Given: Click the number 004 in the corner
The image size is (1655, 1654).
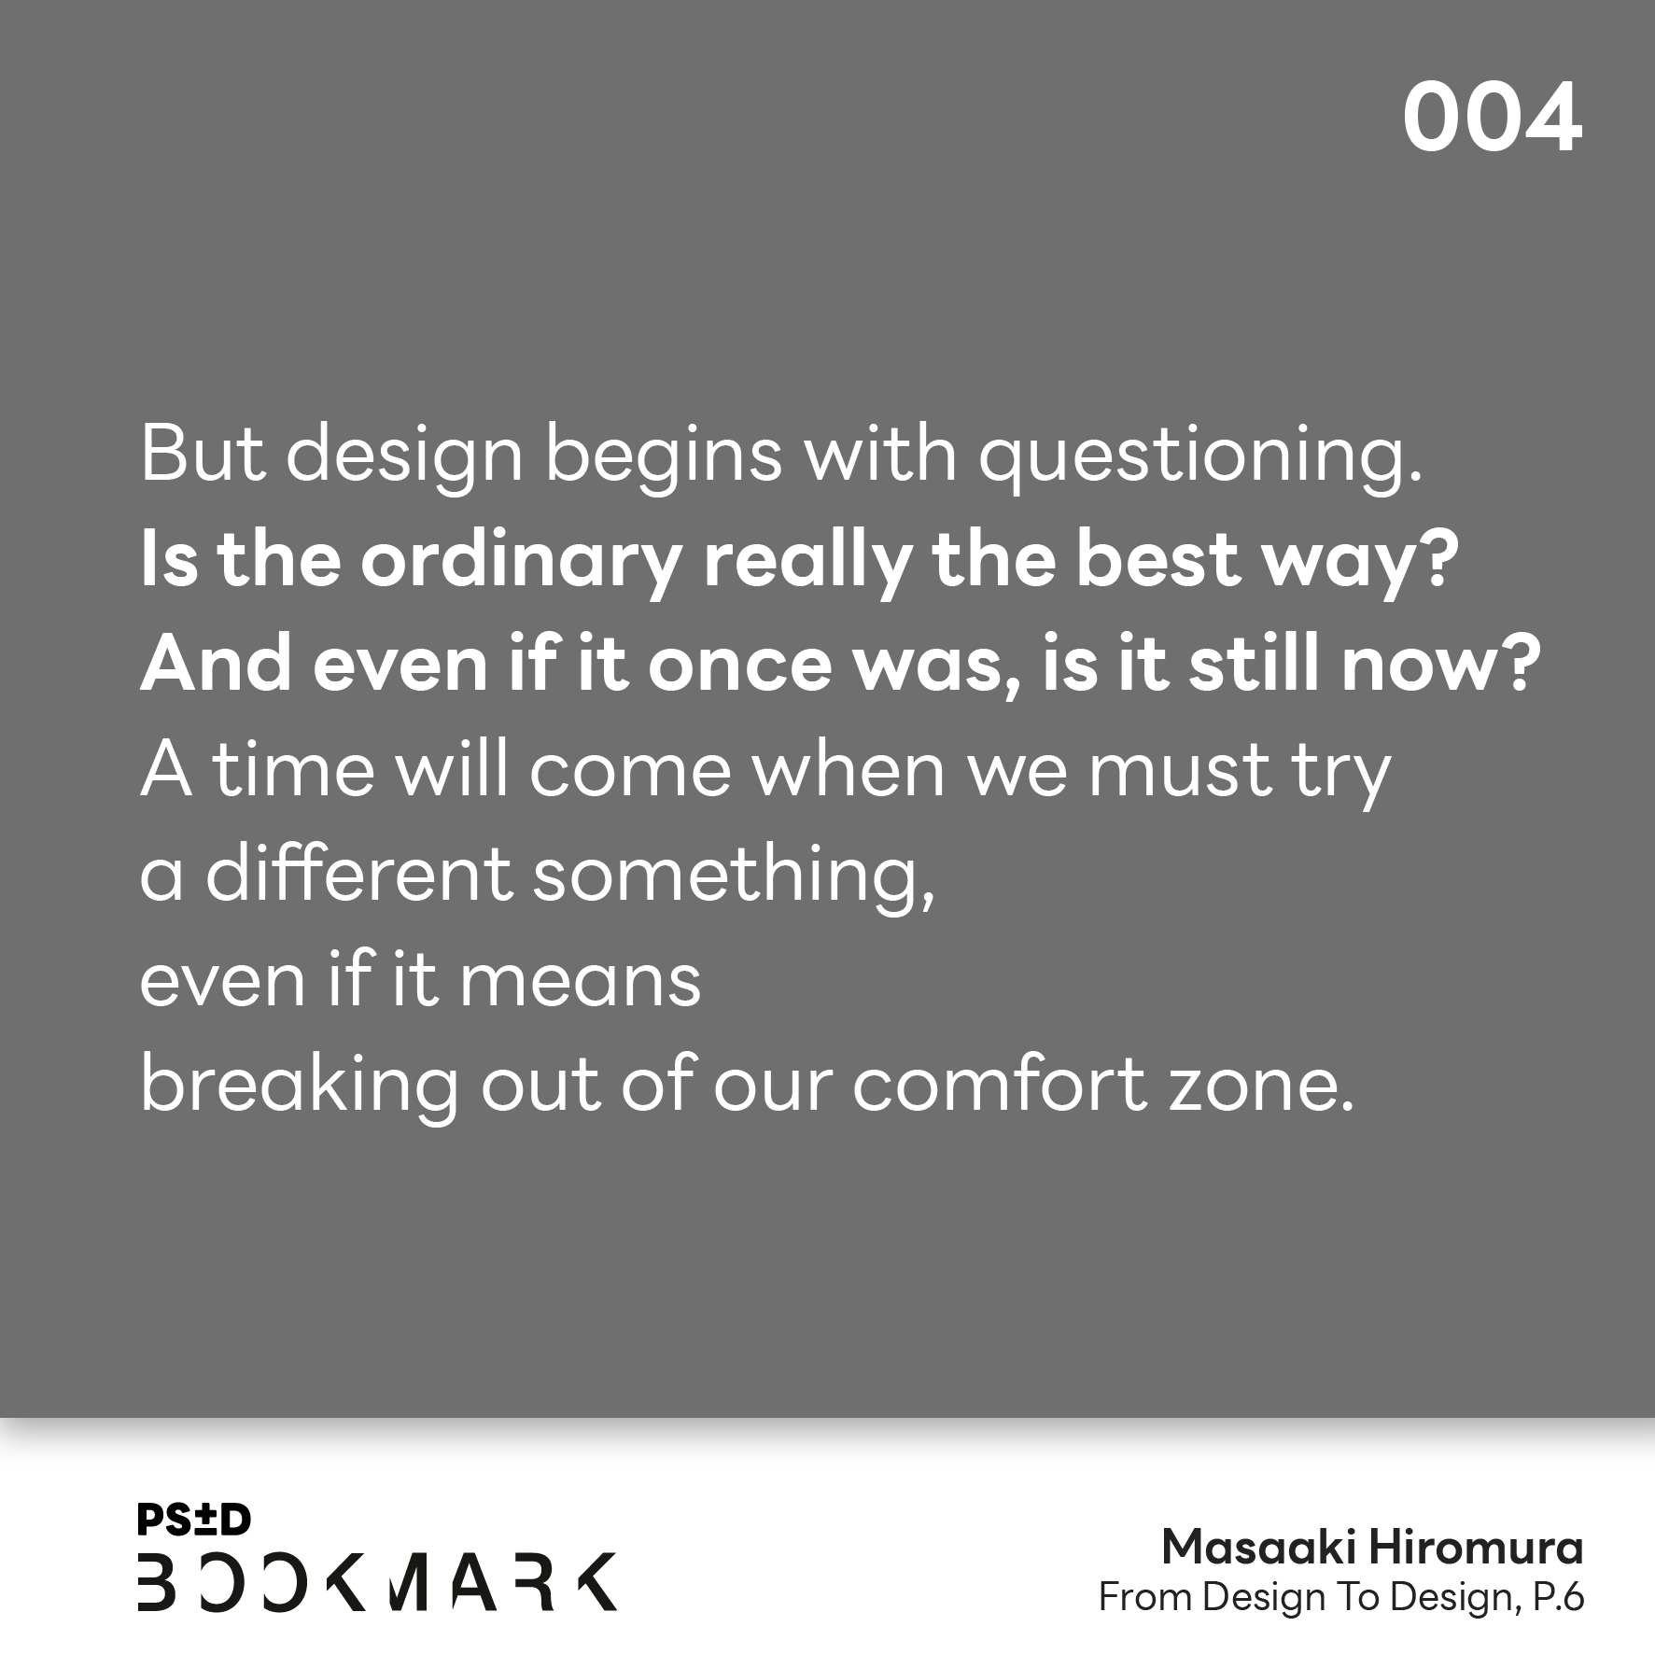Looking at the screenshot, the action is (1492, 118).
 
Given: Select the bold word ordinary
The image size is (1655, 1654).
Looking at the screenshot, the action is (520, 562).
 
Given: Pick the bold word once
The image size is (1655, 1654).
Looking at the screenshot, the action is (739, 666).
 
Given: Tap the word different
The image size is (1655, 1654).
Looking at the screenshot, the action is (358, 874).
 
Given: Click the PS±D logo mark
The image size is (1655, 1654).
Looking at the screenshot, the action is (194, 1521).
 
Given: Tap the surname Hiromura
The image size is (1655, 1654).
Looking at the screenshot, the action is (1477, 1549).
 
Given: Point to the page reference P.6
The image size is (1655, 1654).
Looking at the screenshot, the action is (1558, 1599).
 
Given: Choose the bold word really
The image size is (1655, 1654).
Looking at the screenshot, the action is (806, 562).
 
